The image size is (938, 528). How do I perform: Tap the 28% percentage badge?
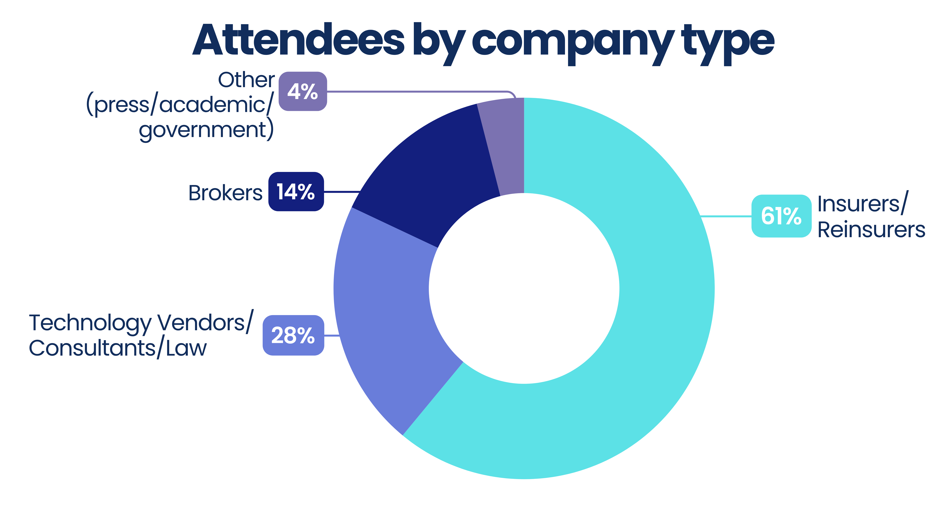293,335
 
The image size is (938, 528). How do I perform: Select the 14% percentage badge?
296,191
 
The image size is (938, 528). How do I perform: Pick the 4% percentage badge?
303,91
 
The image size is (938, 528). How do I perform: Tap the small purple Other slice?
506,146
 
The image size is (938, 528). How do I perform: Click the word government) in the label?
207,130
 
